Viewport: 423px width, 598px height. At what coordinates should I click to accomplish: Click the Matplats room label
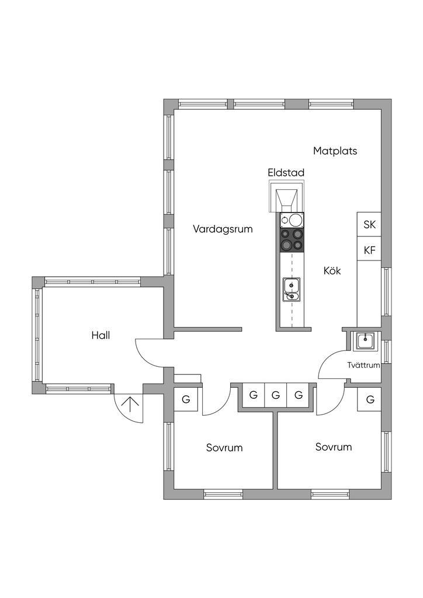(335, 151)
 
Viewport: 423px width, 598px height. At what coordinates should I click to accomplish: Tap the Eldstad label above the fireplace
(286, 173)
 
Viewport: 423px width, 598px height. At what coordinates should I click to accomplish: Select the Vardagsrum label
(223, 230)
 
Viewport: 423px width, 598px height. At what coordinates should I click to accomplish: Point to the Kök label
(332, 271)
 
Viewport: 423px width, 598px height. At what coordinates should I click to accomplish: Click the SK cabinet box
(369, 224)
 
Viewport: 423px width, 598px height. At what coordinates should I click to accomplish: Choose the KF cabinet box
(369, 251)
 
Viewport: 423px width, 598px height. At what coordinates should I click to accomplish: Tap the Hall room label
(100, 335)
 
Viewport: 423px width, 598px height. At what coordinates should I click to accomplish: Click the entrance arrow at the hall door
(130, 405)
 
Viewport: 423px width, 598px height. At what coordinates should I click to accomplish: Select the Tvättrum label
(363, 366)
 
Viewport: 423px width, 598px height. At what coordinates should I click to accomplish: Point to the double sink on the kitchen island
(291, 289)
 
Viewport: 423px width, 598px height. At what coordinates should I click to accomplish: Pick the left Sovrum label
(224, 448)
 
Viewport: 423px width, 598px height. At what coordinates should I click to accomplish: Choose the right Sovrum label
(334, 447)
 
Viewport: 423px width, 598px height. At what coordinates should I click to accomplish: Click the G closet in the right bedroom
(370, 399)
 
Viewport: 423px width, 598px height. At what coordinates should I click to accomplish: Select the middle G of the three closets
(276, 395)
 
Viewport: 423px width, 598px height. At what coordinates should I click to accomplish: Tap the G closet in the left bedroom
(186, 399)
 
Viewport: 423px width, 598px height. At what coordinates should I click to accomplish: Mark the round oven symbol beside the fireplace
(292, 220)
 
